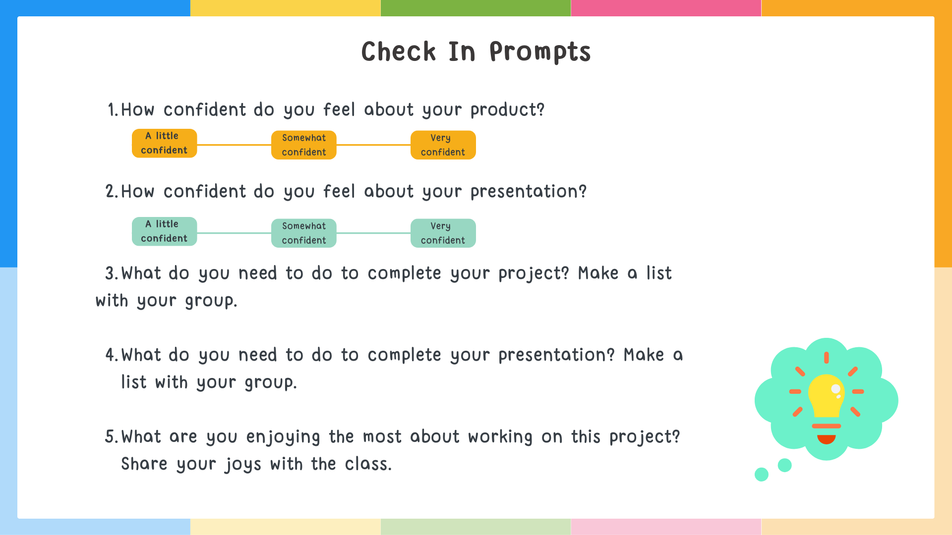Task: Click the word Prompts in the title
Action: pos(539,52)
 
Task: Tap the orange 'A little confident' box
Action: pos(164,143)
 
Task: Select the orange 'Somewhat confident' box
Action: pos(303,145)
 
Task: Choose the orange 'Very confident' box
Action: pos(443,145)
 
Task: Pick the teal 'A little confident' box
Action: pos(164,231)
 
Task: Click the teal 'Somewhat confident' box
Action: pos(303,233)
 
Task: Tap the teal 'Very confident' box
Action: pos(443,233)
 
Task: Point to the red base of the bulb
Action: pos(826,439)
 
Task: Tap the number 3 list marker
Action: pos(110,273)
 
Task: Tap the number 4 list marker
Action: pos(110,355)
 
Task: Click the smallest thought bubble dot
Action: pos(762,475)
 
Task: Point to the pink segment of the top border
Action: pos(666,8)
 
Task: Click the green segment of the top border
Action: pos(476,8)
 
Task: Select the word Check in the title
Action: pos(399,52)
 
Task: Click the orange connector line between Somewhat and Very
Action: pos(373,145)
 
